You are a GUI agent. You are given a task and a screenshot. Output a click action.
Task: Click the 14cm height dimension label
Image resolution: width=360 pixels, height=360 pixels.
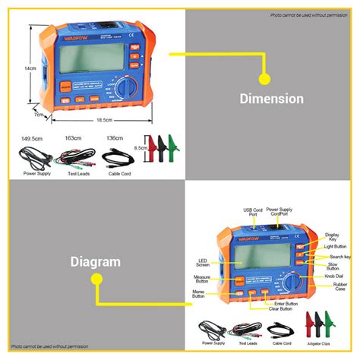pyautogui.click(x=29, y=68)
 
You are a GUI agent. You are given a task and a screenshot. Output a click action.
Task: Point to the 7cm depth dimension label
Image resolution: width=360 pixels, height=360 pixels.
pyautogui.click(x=37, y=115)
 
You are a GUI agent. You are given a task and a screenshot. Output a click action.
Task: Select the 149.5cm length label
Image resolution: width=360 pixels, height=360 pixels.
pyautogui.click(x=31, y=139)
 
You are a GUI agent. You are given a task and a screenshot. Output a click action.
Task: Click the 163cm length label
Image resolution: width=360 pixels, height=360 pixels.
pyautogui.click(x=74, y=139)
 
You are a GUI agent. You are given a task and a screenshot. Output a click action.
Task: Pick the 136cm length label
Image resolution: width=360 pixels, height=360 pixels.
pyautogui.click(x=115, y=139)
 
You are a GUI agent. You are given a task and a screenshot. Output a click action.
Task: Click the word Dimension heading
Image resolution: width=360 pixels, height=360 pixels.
pyautogui.click(x=271, y=98)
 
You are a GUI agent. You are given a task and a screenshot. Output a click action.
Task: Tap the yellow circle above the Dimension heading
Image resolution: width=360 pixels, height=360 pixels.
pyautogui.click(x=264, y=77)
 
